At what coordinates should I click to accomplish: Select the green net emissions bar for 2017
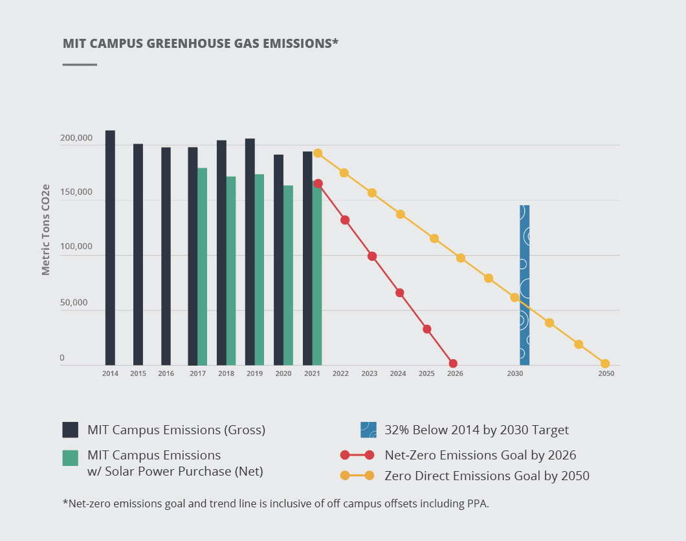pyautogui.click(x=202, y=267)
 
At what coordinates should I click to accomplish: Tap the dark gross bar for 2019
pyautogui.click(x=250, y=252)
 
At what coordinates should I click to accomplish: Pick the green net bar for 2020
pyautogui.click(x=288, y=275)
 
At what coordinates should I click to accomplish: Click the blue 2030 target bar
pyautogui.click(x=524, y=285)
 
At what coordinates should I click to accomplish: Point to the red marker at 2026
pyautogui.click(x=453, y=364)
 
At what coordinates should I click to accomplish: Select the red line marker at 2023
pyautogui.click(x=372, y=256)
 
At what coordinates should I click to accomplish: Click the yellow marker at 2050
pyautogui.click(x=605, y=364)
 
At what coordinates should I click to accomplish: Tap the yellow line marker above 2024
pyautogui.click(x=401, y=214)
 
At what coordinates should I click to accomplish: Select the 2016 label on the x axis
pyautogui.click(x=166, y=374)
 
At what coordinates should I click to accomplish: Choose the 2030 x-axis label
pyautogui.click(x=515, y=374)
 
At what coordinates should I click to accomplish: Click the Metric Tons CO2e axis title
pyautogui.click(x=46, y=230)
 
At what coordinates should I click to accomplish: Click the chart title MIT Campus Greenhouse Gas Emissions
pyautogui.click(x=201, y=43)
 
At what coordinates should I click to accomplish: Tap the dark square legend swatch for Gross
pyautogui.click(x=71, y=430)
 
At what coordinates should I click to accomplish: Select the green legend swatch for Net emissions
pyautogui.click(x=71, y=458)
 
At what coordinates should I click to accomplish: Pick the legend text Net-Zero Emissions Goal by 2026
pyautogui.click(x=480, y=454)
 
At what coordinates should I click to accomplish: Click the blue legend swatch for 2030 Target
pyautogui.click(x=369, y=430)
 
